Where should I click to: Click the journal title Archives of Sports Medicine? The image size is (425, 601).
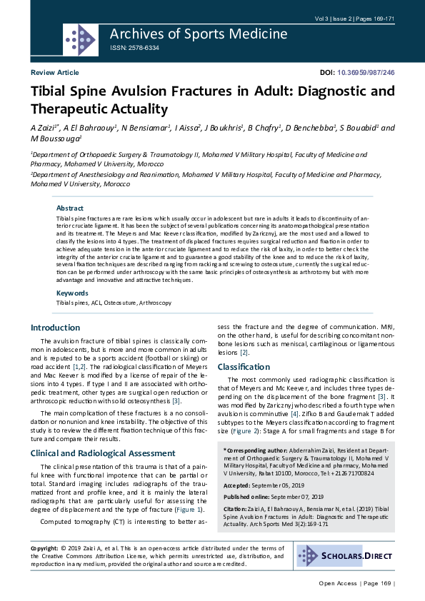(199, 34)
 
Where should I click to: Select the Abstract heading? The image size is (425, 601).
(70, 208)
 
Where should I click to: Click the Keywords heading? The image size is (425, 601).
(72, 293)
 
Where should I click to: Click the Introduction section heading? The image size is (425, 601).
(55, 328)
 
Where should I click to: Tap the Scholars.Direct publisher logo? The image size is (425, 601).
(345, 556)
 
